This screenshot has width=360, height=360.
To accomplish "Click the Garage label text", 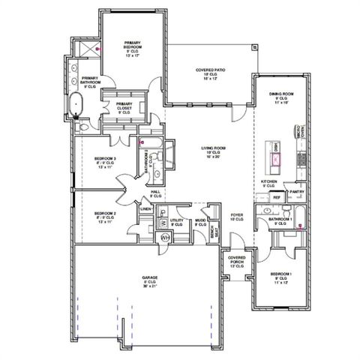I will click(150, 280).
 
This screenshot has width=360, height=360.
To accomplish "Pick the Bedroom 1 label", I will click(281, 278).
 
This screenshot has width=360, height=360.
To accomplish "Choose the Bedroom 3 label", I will click(104, 161).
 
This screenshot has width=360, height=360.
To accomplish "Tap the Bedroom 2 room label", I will click(104, 217).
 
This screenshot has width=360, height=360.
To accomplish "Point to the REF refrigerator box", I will click(276, 197).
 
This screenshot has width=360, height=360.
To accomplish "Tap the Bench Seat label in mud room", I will click(212, 231).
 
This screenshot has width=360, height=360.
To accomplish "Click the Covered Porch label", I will click(236, 261).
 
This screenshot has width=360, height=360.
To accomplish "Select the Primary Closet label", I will click(124, 106).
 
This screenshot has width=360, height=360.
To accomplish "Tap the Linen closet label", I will click(156, 209).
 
